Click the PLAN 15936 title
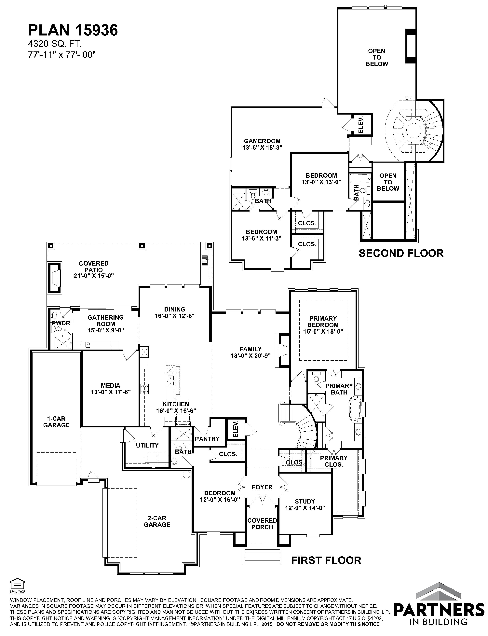coord(73,30)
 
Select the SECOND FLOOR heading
coord(401,253)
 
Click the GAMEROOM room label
coord(262,141)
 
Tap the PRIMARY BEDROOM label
coord(323,322)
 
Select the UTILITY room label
coord(147,445)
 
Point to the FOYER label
coord(262,487)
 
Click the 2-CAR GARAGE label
coord(157,521)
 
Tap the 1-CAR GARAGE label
coord(56,422)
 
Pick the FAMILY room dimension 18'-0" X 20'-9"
coord(251,356)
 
